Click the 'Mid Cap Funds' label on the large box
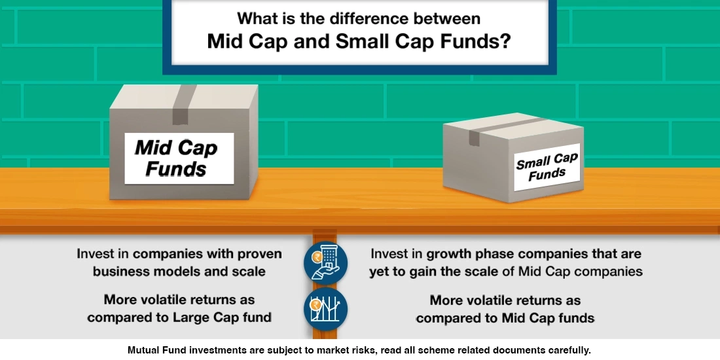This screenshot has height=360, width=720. coord(179,158)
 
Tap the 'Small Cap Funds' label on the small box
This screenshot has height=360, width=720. coord(547,167)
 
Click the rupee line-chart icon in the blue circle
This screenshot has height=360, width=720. coord(325,308)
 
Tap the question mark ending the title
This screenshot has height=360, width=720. coord(505,42)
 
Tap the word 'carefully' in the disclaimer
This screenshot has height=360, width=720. coord(567,350)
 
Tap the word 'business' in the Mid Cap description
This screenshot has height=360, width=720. coord(122,271)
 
